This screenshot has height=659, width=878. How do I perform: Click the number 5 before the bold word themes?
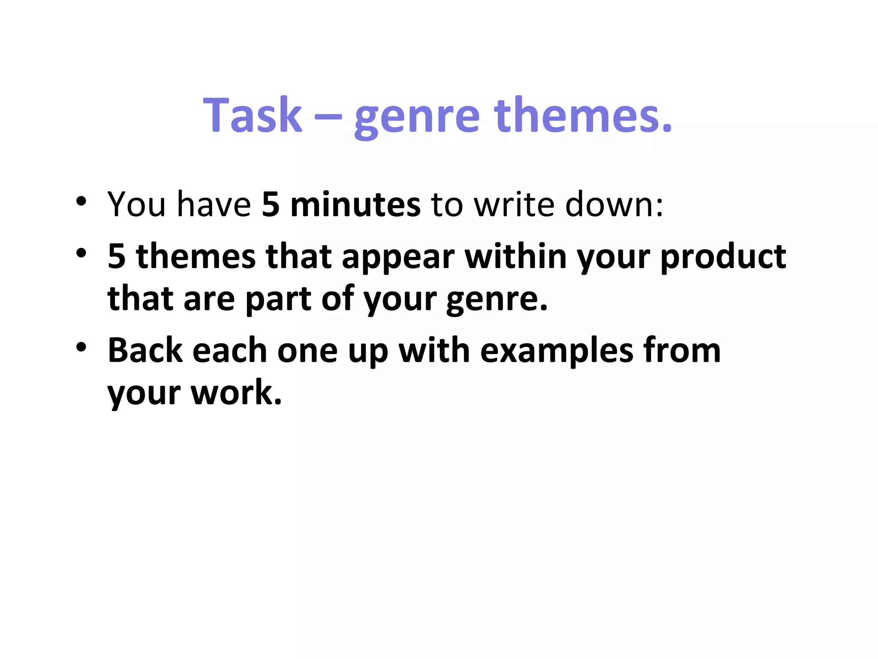point(117,257)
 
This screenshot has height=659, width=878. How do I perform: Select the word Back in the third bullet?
point(145,351)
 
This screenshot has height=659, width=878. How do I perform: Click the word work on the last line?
point(236,393)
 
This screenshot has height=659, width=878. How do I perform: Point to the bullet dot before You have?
point(81,201)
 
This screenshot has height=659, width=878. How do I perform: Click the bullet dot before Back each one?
point(81,347)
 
